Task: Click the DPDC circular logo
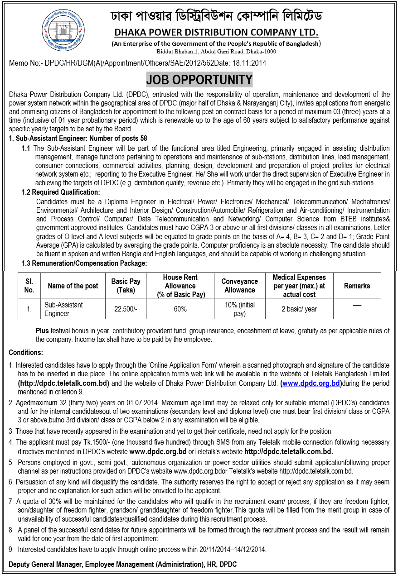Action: [63, 32]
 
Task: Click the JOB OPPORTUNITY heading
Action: [199, 80]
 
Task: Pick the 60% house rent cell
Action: [180, 309]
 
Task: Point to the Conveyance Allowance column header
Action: [239, 286]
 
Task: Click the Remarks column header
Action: [357, 286]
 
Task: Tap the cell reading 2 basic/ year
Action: [299, 309]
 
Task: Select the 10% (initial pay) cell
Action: [239, 309]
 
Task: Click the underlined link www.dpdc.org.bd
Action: [311, 383]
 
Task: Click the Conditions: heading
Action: [26, 352]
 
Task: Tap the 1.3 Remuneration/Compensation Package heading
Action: [84, 263]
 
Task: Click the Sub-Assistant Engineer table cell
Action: [64, 309]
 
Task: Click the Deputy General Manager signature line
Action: [122, 564]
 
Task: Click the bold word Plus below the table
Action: [42, 331]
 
